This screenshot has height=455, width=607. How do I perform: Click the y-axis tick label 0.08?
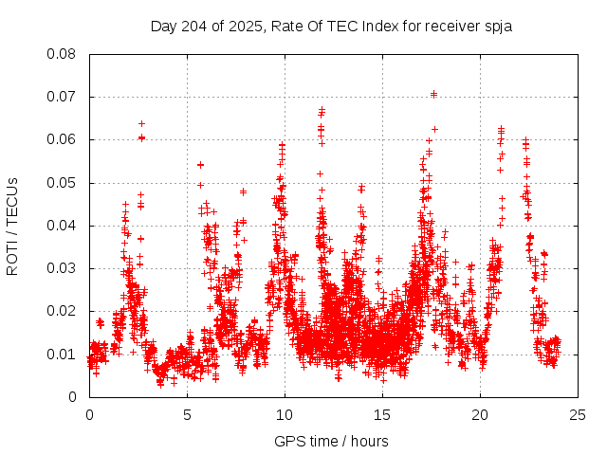coord(63,54)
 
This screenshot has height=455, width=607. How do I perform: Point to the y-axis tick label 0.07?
coord(63,97)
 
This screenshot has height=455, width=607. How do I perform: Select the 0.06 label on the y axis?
coord(63,139)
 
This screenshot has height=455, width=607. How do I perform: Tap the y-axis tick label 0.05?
coord(63,182)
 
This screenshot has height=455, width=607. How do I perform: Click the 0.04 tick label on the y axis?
coord(63,226)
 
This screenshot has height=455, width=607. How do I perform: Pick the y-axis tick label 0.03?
coord(63,268)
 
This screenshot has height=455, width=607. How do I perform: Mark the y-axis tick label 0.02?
coord(63,311)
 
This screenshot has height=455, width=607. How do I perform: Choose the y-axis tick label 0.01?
coord(63,354)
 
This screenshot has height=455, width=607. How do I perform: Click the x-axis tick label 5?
coord(188,414)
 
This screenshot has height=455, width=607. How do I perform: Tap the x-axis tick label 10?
coord(285,414)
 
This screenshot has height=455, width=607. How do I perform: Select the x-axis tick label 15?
coord(383,414)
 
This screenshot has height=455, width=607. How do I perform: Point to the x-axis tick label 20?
coord(481,414)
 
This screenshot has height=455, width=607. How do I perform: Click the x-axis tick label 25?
coord(579,414)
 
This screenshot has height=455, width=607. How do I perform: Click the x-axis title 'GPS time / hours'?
coord(331,441)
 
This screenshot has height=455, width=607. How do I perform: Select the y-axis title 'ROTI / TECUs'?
coord(13,226)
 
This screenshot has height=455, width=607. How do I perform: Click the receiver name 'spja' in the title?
coord(497,27)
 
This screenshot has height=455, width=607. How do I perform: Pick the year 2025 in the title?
coord(245,27)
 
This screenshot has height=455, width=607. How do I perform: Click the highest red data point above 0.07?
coord(433,94)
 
